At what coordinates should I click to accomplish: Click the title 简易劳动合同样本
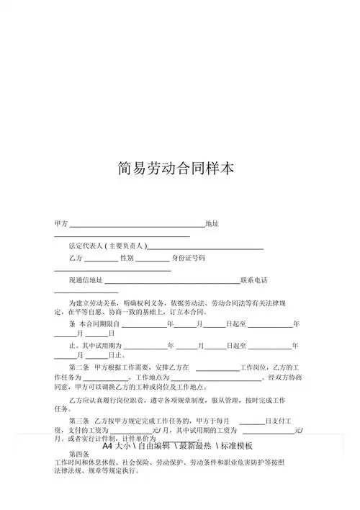point(176,169)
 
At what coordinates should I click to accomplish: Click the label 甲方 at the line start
point(61,225)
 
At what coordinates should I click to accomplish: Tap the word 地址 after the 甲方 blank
point(212,225)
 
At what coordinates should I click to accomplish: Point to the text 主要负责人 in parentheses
point(130,246)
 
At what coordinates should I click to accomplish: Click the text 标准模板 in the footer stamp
point(237,445)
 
